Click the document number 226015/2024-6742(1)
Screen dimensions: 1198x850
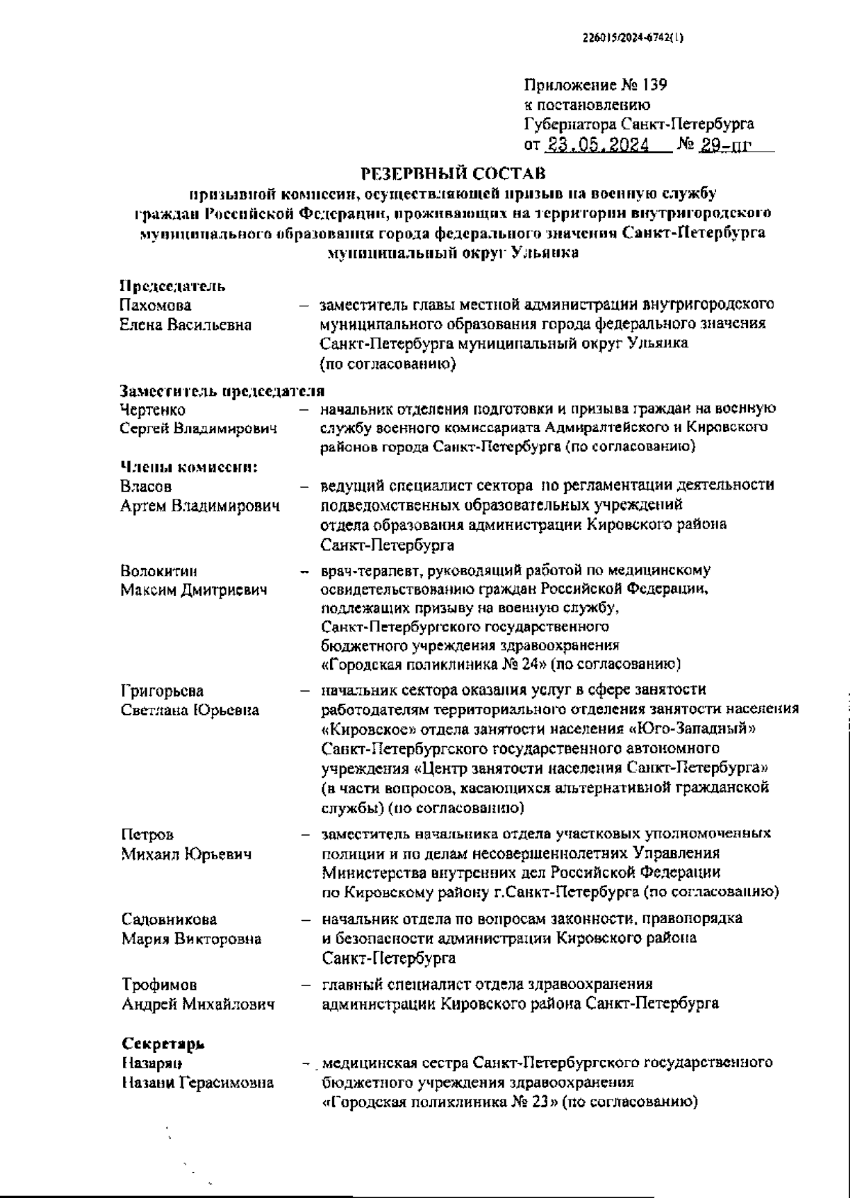(633, 40)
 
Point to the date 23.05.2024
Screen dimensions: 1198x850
(598, 145)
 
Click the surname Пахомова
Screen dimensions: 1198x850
(156, 305)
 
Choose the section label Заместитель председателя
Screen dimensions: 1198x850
(222, 390)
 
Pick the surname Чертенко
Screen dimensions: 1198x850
(153, 409)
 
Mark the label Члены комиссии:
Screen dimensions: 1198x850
(188, 466)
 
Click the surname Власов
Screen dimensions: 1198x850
(146, 486)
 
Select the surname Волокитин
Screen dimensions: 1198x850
(159, 571)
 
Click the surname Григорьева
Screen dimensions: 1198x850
(162, 691)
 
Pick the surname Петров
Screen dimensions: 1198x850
(147, 835)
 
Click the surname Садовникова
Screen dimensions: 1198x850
(169, 920)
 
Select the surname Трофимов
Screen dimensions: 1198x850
(159, 985)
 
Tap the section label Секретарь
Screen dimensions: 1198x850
(164, 1044)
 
